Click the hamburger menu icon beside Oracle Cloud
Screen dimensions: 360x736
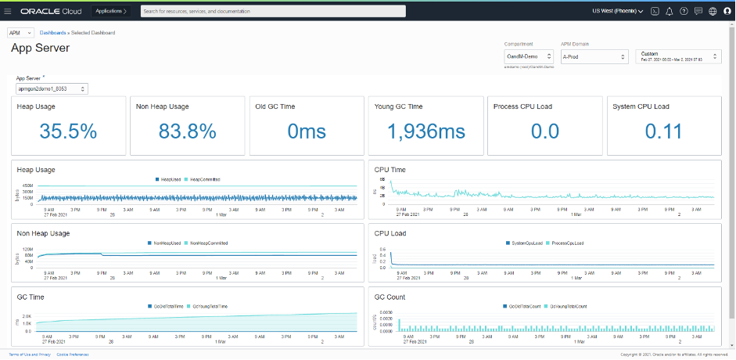8,12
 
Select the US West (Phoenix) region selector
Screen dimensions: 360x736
618,12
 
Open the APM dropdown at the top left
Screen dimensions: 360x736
20,33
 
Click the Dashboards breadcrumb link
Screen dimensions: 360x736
52,33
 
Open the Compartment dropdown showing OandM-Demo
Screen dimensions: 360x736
529,56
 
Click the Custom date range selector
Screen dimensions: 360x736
678,56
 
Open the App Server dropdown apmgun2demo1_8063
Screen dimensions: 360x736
52,89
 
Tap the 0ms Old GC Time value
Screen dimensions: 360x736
307,131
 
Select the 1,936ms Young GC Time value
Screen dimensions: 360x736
426,131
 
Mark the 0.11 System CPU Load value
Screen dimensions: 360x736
665,131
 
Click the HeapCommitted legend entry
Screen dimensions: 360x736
205,179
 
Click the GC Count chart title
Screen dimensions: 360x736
390,297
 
